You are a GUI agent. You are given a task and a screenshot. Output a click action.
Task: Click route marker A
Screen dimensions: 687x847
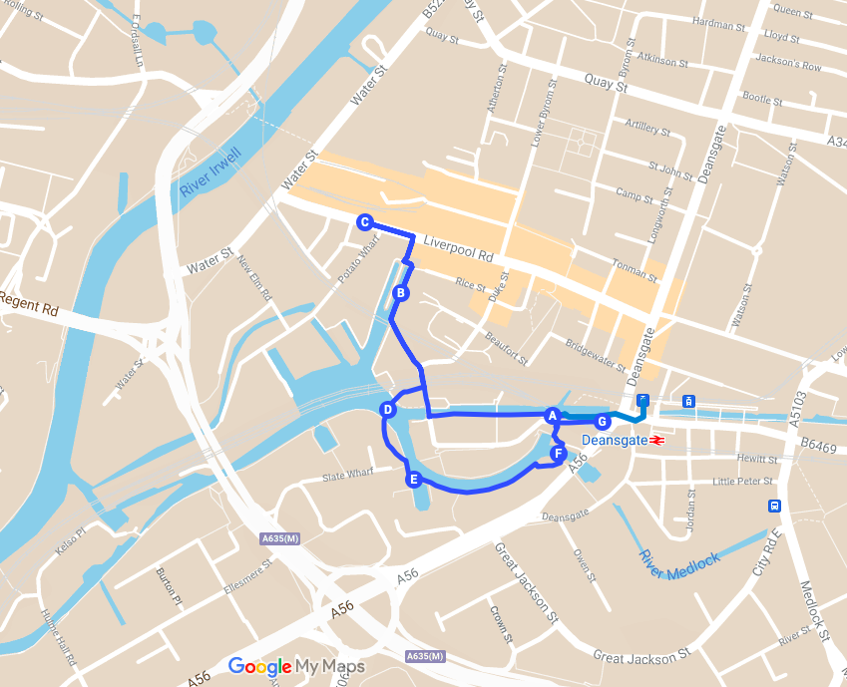click(551, 415)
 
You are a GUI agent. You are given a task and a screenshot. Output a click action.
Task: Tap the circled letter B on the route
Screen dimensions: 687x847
click(399, 292)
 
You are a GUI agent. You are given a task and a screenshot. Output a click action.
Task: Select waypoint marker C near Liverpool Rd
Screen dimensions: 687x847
click(364, 222)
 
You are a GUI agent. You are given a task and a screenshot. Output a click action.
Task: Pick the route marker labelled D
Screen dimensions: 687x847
click(388, 410)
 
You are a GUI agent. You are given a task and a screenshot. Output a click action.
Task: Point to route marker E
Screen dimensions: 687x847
click(412, 480)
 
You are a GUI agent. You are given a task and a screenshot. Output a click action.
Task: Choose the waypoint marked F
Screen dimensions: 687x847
click(558, 455)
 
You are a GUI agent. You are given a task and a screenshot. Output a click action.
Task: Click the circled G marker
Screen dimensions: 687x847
click(602, 421)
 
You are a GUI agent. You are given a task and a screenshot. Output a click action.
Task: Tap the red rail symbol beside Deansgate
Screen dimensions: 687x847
click(657, 440)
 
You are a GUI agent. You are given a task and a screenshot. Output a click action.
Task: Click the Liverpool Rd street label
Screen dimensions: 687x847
click(460, 248)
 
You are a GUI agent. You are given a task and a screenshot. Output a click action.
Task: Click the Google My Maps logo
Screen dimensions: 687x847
click(296, 666)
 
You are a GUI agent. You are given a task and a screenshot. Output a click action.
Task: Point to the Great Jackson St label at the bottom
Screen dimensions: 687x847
click(641, 656)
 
